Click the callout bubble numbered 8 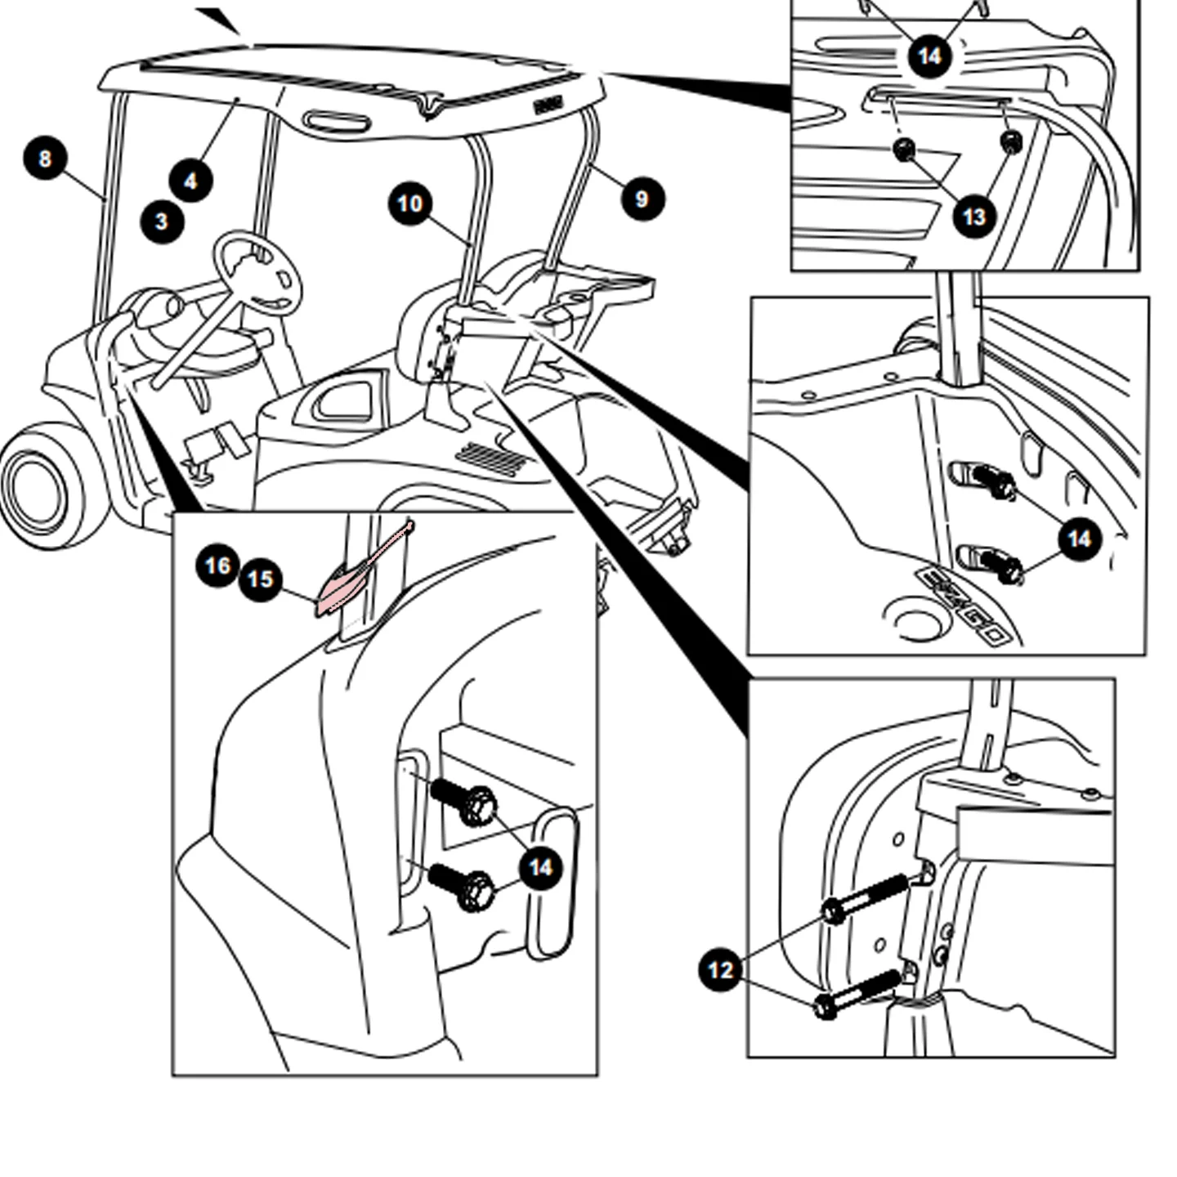[x=45, y=159]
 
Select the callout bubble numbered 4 [x=190, y=181]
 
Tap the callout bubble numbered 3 [x=162, y=222]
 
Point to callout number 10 [x=409, y=203]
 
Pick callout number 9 [x=642, y=199]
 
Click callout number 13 [x=974, y=217]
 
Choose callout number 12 [x=721, y=970]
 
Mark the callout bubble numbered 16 [x=218, y=566]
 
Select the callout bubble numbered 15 [x=261, y=579]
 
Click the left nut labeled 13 [x=903, y=149]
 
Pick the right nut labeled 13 [x=1011, y=141]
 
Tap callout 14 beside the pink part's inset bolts [x=541, y=867]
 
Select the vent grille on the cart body [x=492, y=459]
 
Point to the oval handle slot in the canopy [x=336, y=120]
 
